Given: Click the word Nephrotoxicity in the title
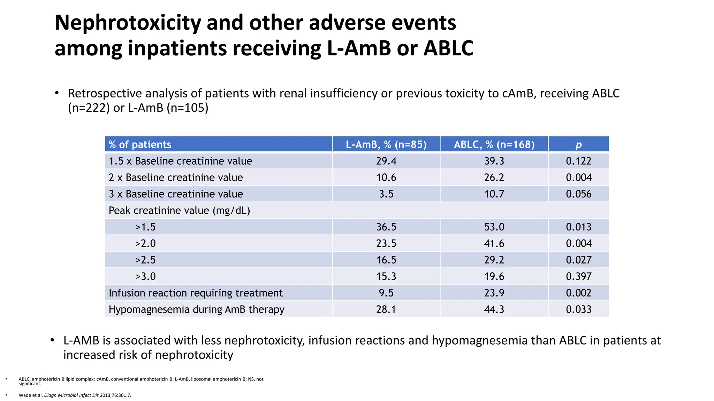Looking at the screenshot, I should coord(128,23).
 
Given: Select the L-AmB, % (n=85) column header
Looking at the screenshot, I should coord(386,144).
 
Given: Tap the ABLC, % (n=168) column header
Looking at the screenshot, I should coord(494,144).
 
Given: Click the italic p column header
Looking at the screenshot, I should coord(578,145).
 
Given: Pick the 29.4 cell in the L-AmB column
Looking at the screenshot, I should coord(386,161).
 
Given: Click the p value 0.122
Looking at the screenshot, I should coord(578,161).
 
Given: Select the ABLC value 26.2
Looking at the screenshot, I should coord(494,178).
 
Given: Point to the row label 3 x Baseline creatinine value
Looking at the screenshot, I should coord(176,194).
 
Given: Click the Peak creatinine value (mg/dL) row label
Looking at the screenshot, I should coord(179,211).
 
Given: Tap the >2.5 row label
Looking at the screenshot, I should coord(145,260).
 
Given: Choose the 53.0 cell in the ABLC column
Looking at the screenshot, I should coord(494,227).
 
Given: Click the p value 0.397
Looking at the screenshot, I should coord(578,276).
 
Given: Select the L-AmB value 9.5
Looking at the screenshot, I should coord(386,293).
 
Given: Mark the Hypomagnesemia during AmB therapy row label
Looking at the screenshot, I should coord(196,309).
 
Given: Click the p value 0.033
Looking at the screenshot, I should coord(578,309).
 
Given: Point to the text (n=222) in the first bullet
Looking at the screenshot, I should coord(89,108).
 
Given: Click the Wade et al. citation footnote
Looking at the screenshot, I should coord(75,395).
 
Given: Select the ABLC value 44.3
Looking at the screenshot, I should coord(494,309).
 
